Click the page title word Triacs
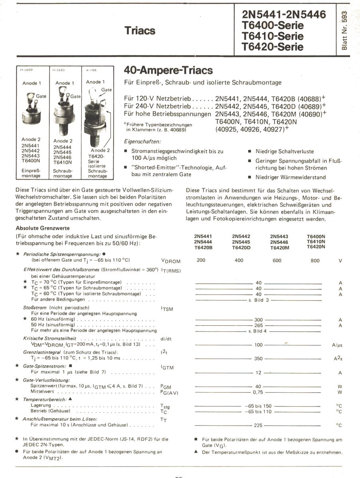pyautogui.click(x=140, y=31)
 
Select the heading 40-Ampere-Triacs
pyautogui.click(x=169, y=71)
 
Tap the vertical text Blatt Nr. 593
pyautogui.click(x=345, y=30)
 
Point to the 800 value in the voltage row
pyautogui.click(x=315, y=261)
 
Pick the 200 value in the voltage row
pyautogui.click(x=201, y=261)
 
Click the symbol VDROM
pyautogui.click(x=171, y=261)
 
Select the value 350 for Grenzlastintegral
pyautogui.click(x=258, y=358)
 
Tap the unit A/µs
pyautogui.click(x=337, y=345)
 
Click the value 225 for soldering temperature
pyautogui.click(x=258, y=425)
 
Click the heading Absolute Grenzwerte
pyautogui.click(x=43, y=228)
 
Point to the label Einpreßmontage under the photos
pyautogui.click(x=31, y=173)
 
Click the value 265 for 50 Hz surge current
pyautogui.click(x=258, y=325)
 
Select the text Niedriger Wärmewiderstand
pyautogui.click(x=291, y=177)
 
